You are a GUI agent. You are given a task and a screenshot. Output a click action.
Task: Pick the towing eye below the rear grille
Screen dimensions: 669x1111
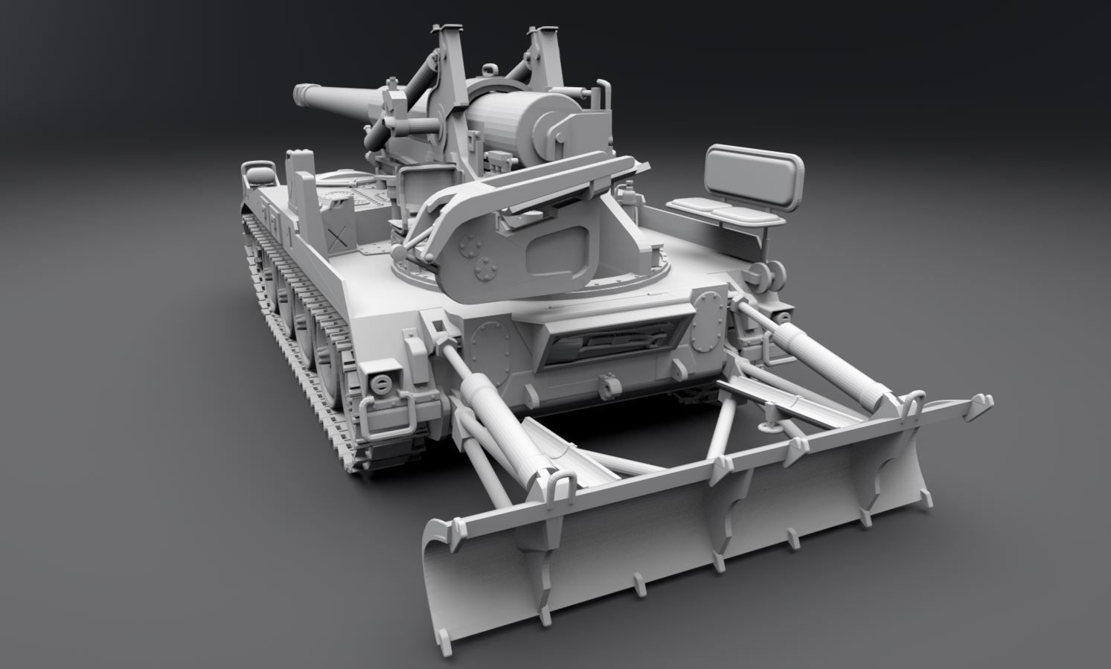coord(609,385)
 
